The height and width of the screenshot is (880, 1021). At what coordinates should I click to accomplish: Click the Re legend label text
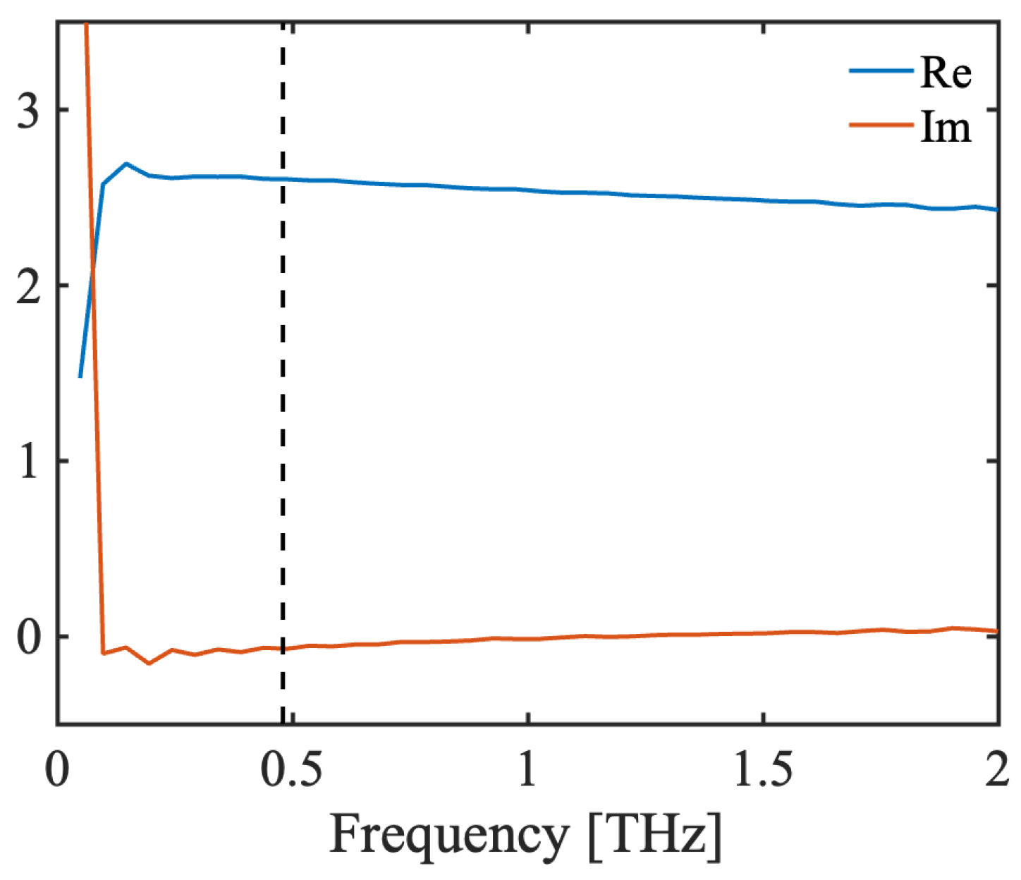[x=946, y=73]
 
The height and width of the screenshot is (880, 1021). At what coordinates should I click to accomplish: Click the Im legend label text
[x=946, y=128]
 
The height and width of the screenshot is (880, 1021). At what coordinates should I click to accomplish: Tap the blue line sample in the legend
[x=881, y=71]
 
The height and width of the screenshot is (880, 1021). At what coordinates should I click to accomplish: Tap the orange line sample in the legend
[x=881, y=126]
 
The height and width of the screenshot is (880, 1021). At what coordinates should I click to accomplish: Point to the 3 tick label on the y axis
[x=29, y=111]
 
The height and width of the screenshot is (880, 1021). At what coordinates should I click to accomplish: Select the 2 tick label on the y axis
[x=29, y=286]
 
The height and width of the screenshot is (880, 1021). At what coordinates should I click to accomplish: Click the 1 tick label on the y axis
[x=29, y=462]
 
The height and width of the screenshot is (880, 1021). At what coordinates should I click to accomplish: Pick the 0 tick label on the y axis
[x=29, y=637]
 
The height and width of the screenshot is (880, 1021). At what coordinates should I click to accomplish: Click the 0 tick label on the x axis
[x=58, y=769]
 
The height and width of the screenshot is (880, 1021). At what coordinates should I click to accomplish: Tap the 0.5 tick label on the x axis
[x=292, y=769]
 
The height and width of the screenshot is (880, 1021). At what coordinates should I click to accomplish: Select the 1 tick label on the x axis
[x=527, y=769]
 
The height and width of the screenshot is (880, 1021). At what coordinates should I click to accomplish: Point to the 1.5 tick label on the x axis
[x=762, y=769]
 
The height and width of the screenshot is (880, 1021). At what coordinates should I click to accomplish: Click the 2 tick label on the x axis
[x=997, y=769]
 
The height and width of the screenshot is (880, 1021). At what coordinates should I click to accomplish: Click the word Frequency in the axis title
[x=448, y=836]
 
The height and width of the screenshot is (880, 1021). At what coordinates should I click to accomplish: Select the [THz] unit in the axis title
[x=656, y=836]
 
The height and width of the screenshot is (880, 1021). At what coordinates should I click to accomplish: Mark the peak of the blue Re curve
[x=126, y=164]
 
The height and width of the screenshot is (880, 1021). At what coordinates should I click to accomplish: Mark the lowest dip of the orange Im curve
[x=149, y=664]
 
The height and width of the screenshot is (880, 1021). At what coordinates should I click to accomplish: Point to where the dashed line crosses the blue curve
[x=283, y=179]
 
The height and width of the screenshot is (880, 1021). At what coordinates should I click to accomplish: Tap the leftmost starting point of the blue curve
[x=80, y=377]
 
